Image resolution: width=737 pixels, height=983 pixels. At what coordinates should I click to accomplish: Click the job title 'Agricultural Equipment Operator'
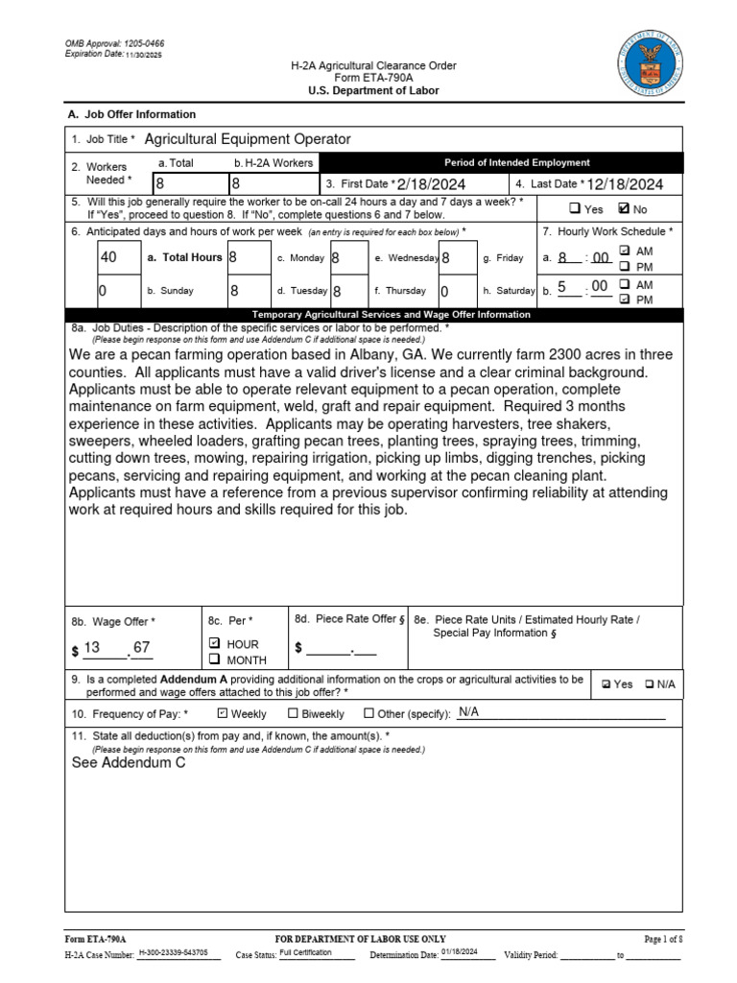247,139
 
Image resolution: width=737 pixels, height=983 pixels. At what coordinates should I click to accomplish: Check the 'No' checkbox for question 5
625,209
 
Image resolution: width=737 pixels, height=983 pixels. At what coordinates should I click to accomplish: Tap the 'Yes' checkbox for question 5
574,209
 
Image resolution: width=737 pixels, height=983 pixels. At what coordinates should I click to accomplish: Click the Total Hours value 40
108,257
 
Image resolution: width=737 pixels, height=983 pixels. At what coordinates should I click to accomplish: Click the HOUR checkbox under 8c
215,643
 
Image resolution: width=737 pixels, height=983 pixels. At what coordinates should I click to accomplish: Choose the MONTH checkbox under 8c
215,659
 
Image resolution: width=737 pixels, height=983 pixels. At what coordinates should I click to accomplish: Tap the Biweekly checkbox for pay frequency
294,713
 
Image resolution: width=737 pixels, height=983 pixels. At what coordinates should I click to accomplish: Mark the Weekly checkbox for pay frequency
223,713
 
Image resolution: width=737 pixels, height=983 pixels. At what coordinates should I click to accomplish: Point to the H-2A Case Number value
178,953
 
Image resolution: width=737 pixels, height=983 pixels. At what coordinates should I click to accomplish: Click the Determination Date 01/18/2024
459,953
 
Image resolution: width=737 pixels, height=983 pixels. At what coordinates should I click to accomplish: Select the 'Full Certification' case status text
305,953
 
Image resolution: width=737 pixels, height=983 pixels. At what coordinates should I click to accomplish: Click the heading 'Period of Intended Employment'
516,162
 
